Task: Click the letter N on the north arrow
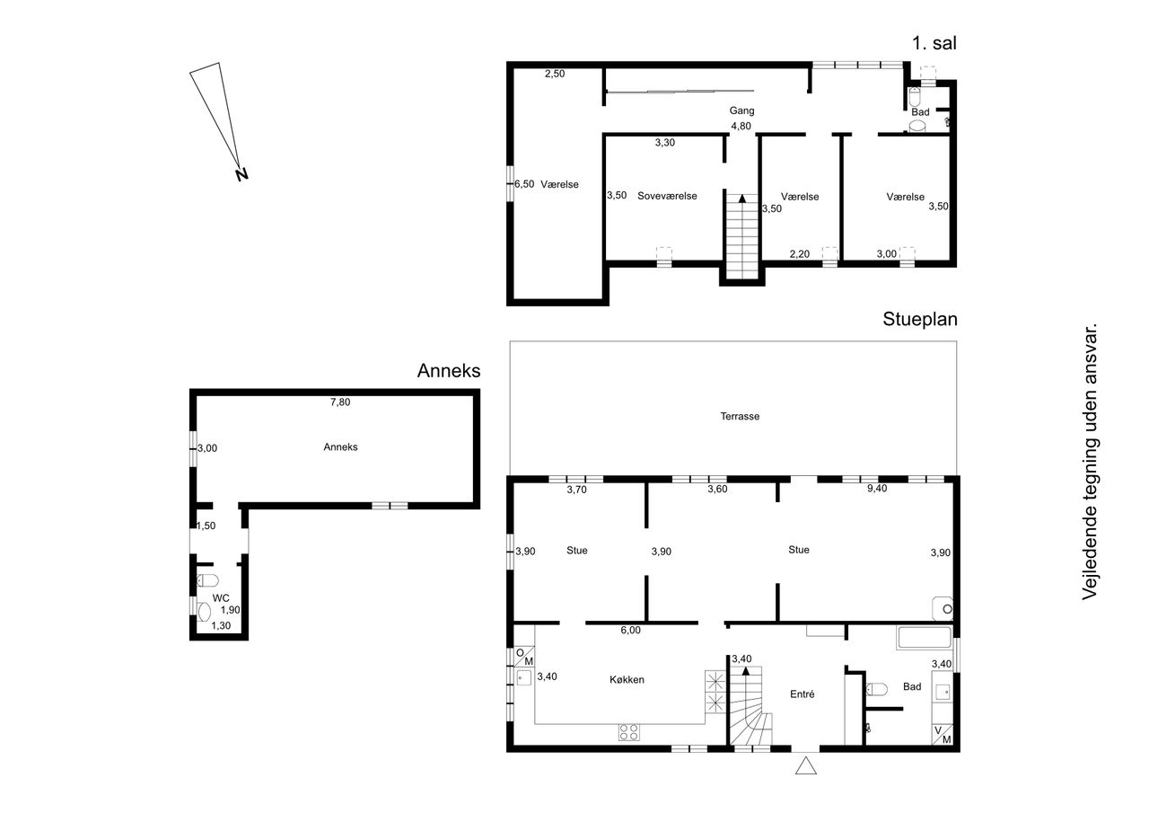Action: point(241,174)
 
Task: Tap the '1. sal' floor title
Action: point(934,43)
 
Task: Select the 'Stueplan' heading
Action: point(920,319)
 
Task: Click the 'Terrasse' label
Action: point(740,416)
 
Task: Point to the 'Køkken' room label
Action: point(627,679)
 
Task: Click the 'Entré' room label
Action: point(803,694)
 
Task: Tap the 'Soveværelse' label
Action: point(667,196)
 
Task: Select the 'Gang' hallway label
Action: point(741,110)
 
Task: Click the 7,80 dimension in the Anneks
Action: point(340,402)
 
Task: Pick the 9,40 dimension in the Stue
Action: point(877,488)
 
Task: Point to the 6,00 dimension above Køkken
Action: point(630,631)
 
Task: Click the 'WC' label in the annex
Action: point(221,598)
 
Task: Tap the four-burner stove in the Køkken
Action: point(629,732)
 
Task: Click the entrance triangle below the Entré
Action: point(806,765)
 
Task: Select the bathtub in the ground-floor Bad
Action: point(925,637)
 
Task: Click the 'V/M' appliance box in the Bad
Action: point(943,735)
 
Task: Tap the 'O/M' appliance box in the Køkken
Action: point(524,657)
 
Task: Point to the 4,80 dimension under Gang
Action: point(741,127)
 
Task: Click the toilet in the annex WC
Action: point(207,580)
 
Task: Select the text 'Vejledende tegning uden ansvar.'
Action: point(1089,461)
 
